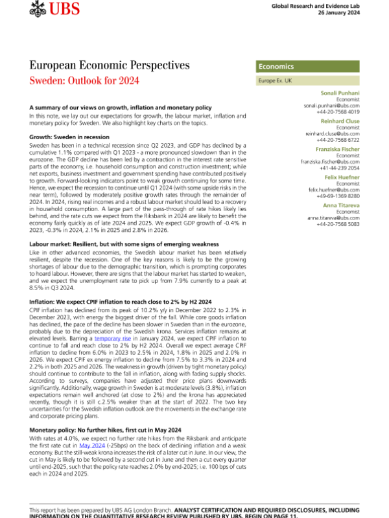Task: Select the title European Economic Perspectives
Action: pos(110,65)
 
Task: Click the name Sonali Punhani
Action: pos(343,93)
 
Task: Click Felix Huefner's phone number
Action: pos(343,195)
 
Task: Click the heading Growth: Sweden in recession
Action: pos(70,137)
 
